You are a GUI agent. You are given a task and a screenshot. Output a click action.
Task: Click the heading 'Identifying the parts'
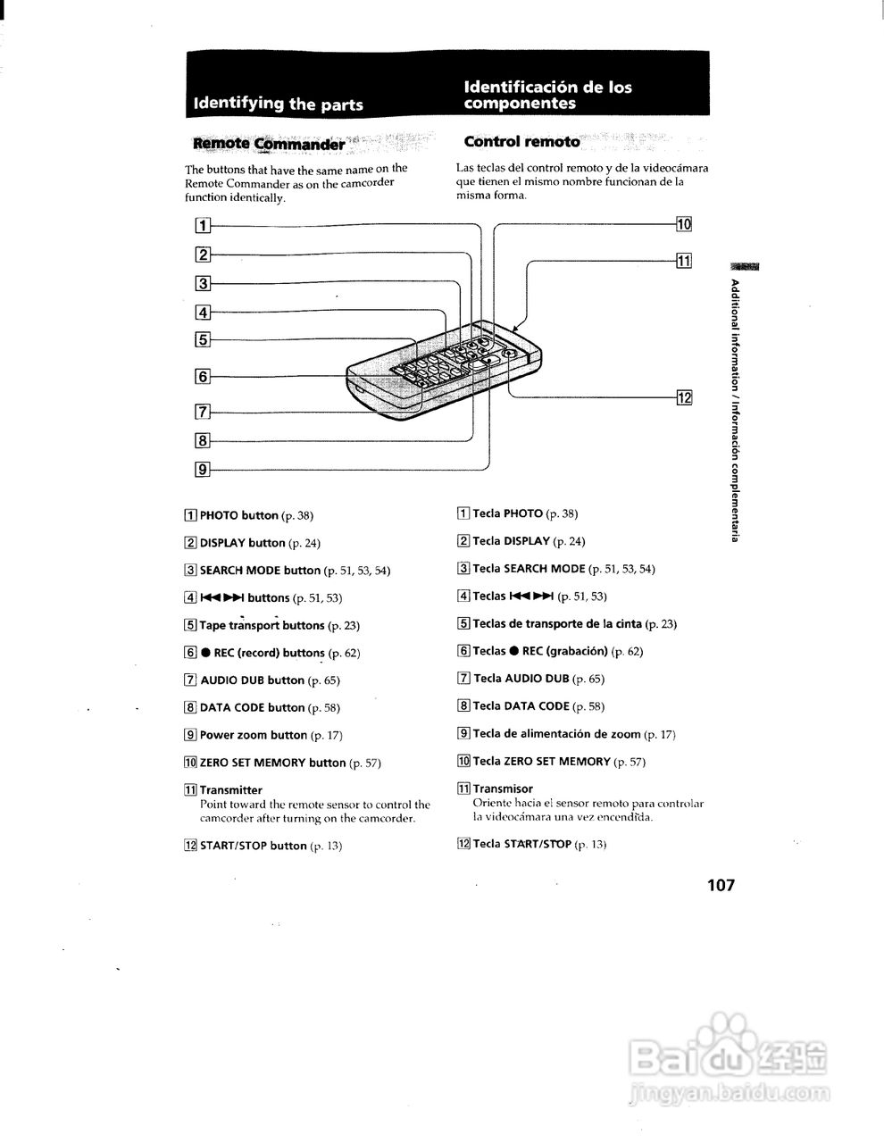pyautogui.click(x=279, y=104)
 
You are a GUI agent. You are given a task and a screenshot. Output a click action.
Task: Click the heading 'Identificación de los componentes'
pyautogui.click(x=547, y=95)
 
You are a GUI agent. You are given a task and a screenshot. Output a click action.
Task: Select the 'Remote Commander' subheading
pyautogui.click(x=269, y=144)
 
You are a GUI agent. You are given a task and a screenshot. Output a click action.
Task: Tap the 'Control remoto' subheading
pyautogui.click(x=521, y=142)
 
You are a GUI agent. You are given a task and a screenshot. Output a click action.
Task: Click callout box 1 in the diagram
pyautogui.click(x=204, y=226)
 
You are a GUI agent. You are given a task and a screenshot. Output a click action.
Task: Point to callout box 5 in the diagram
pyautogui.click(x=204, y=339)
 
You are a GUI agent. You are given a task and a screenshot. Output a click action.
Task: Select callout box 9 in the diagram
pyautogui.click(x=204, y=468)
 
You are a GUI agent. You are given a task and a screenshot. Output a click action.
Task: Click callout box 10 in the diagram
pyautogui.click(x=684, y=224)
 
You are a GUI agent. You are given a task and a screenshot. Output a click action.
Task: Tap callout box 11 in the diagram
pyautogui.click(x=684, y=261)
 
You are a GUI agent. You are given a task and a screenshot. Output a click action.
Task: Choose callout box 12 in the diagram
pyautogui.click(x=684, y=397)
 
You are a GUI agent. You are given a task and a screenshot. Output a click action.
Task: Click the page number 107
pyautogui.click(x=720, y=885)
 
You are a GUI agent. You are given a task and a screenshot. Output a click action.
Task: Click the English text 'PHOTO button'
pyautogui.click(x=239, y=515)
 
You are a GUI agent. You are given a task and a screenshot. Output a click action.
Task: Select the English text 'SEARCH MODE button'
pyautogui.click(x=260, y=571)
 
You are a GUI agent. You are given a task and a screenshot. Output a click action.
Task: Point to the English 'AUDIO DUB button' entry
pyautogui.click(x=253, y=680)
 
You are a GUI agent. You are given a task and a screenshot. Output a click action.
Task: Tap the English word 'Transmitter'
pyautogui.click(x=231, y=790)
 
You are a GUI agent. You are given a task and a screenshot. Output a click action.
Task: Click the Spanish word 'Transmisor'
pyautogui.click(x=503, y=788)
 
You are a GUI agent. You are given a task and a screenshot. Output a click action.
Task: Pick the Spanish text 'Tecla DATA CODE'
pyautogui.click(x=521, y=706)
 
